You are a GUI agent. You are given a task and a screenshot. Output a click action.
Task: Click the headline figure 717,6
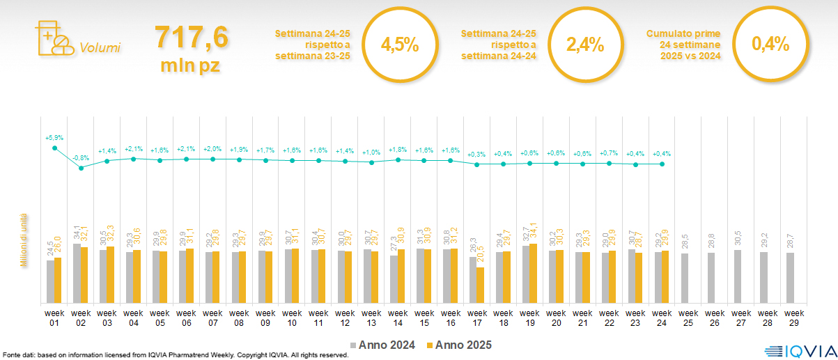192,37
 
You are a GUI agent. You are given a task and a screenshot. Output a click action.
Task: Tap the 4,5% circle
399,45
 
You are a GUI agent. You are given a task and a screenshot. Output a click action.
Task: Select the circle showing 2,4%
584,45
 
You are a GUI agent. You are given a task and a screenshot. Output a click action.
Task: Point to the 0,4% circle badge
770,45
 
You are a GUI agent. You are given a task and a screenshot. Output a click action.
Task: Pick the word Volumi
100,48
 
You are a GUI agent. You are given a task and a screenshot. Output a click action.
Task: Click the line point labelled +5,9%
54,148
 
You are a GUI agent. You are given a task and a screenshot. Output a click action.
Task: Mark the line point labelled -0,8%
81,168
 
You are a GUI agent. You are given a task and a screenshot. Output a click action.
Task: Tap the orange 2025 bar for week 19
534,273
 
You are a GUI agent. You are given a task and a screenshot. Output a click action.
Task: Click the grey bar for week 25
685,278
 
